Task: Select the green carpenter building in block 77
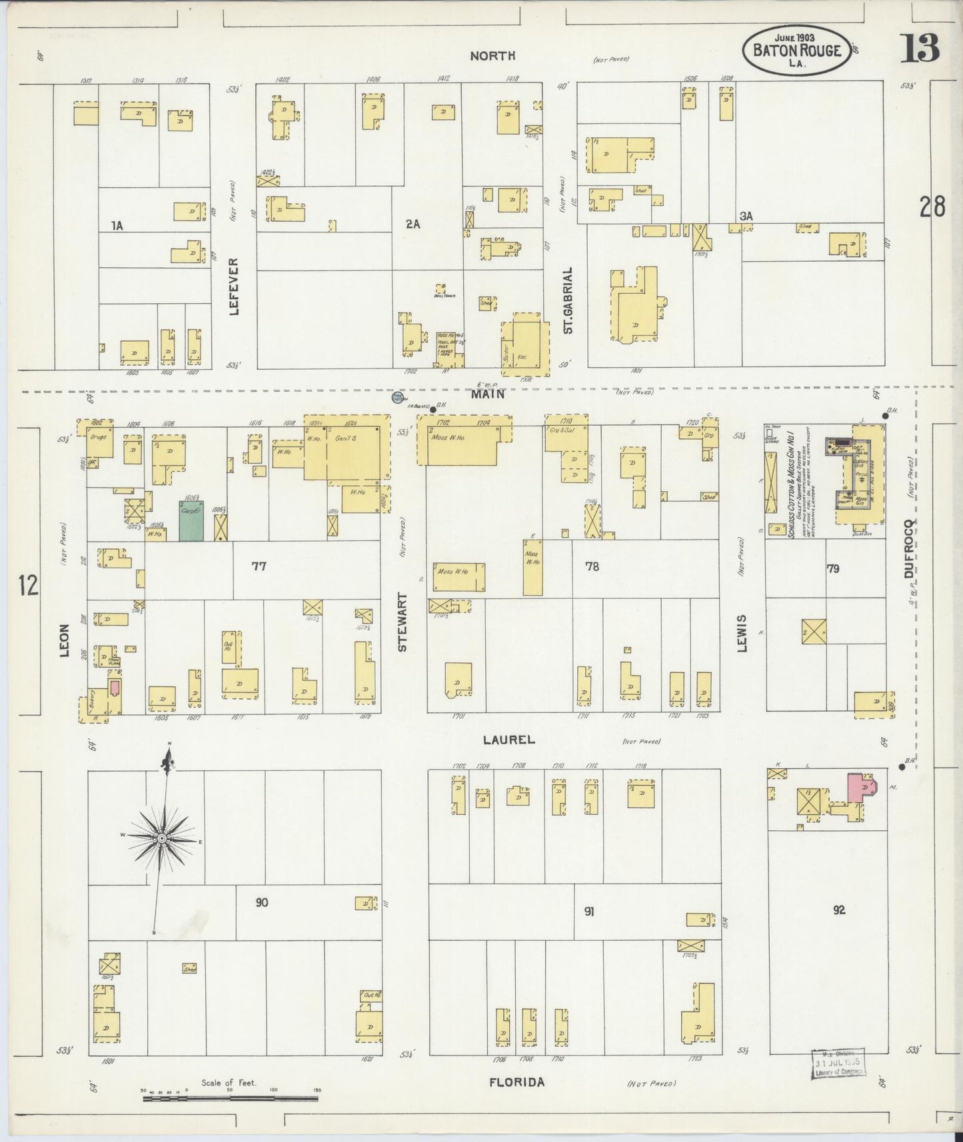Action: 191,521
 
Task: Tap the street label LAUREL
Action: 510,740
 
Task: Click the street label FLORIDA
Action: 516,1083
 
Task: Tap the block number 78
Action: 591,566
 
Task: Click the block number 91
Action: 589,911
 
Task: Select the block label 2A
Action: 413,225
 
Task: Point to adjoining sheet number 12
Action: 28,585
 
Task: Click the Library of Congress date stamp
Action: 838,1063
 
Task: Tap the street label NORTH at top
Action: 492,56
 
